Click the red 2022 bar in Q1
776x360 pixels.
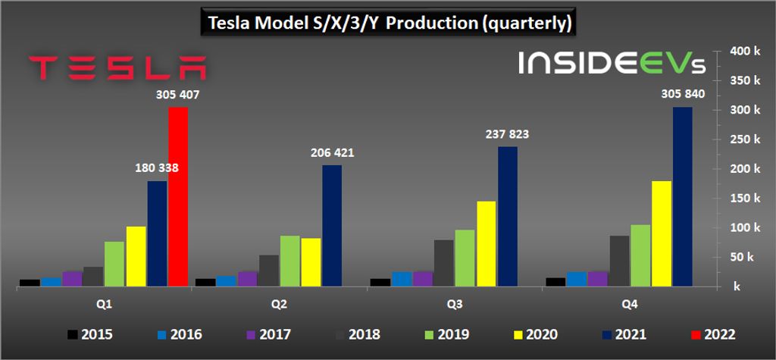coord(178,196)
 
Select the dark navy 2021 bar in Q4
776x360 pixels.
coord(682,196)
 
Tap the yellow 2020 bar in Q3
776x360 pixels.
coord(487,243)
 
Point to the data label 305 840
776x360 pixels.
coord(681,95)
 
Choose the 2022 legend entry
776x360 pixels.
coord(711,333)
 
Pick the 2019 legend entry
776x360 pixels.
coord(446,333)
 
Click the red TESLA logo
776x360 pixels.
coord(117,67)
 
